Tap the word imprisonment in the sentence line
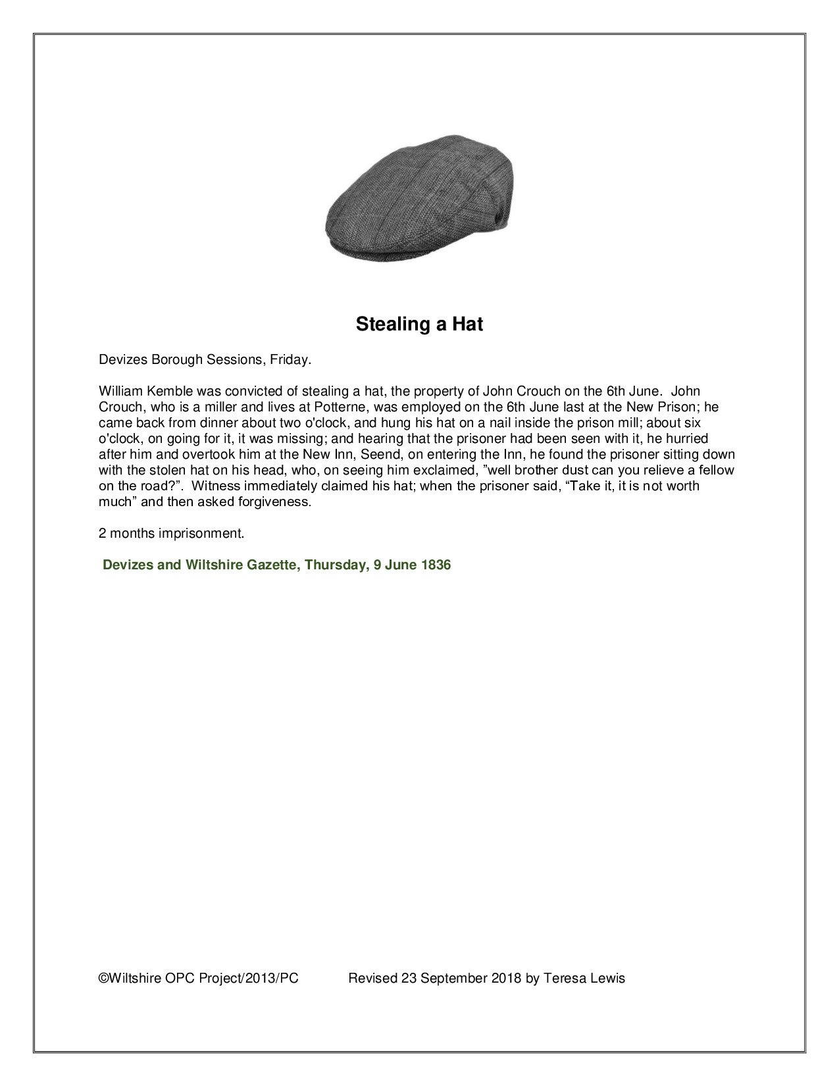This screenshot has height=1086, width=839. (x=201, y=533)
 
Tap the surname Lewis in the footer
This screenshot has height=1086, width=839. (x=609, y=978)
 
